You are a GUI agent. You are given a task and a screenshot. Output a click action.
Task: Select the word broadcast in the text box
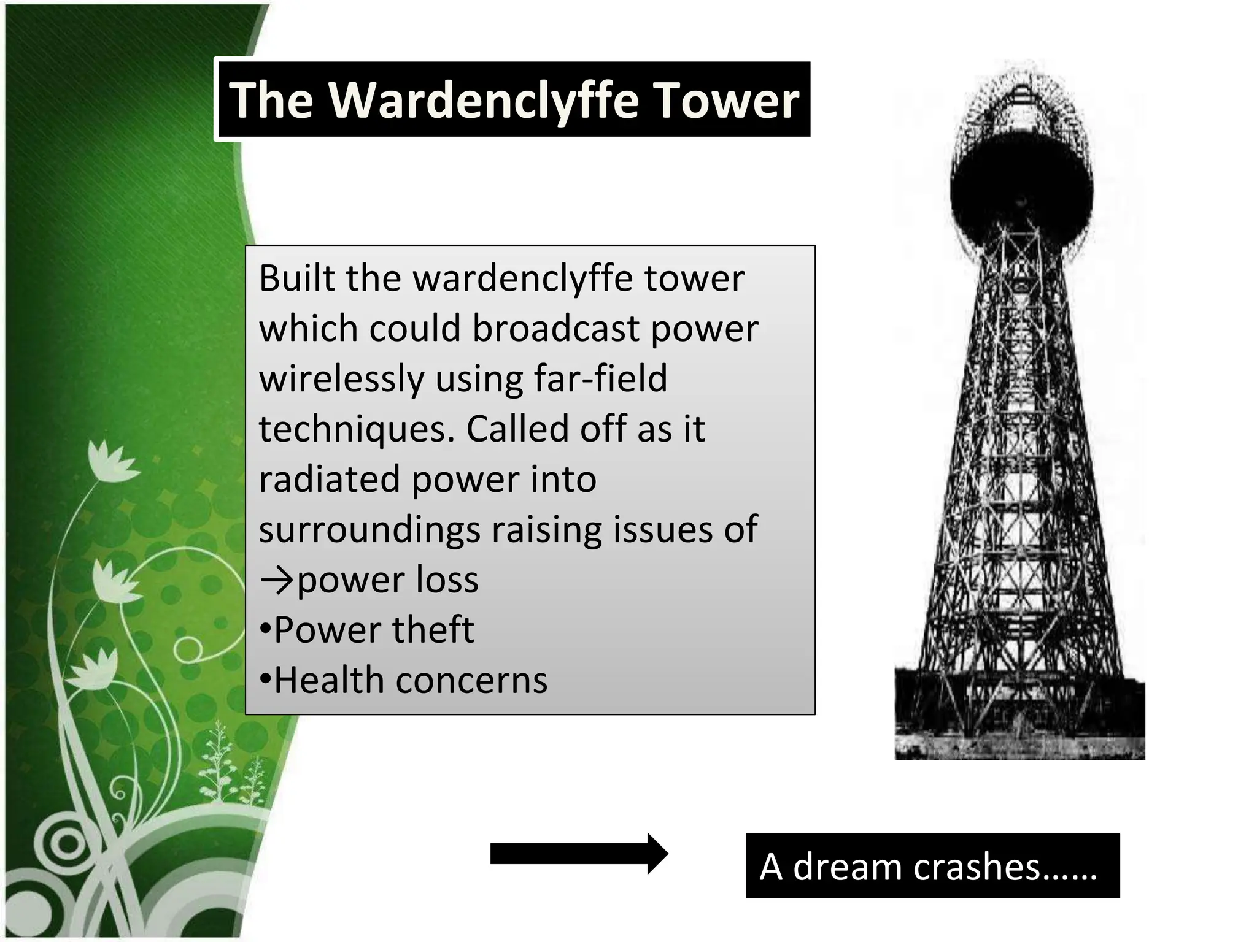556,328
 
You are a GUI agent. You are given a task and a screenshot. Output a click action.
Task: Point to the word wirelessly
341,378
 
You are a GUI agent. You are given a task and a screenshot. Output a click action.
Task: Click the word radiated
329,479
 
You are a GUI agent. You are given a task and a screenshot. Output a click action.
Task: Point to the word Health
329,680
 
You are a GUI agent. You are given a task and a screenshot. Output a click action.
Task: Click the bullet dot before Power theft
265,630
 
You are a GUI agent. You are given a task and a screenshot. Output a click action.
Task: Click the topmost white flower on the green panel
110,462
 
